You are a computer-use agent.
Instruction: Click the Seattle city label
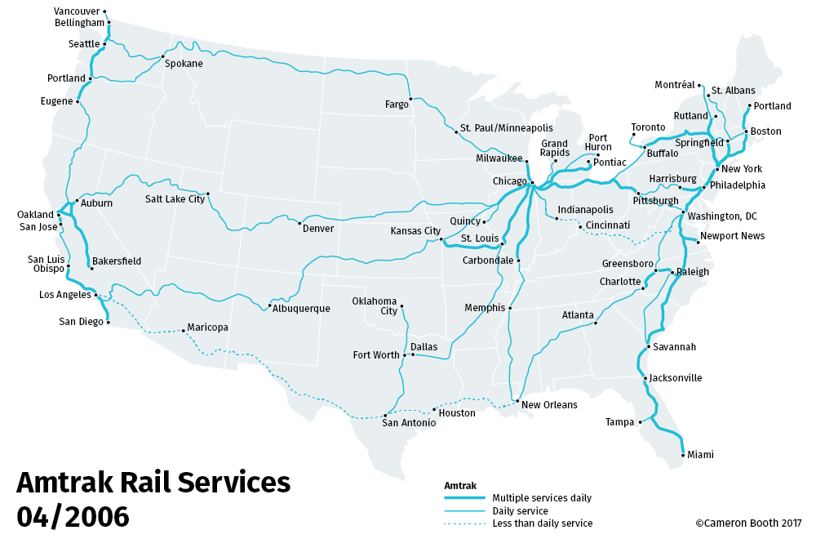(x=84, y=44)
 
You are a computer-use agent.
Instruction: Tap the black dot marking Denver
(x=300, y=223)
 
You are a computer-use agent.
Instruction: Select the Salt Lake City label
(x=175, y=198)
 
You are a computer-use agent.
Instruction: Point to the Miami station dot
(x=682, y=454)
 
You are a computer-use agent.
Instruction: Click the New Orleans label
(x=549, y=405)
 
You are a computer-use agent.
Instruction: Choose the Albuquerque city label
(x=301, y=309)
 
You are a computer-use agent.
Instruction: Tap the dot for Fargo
(x=410, y=98)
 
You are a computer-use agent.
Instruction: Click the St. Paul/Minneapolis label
(x=506, y=128)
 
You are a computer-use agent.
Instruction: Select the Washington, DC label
(x=722, y=216)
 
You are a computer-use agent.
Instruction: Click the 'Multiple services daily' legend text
(x=542, y=498)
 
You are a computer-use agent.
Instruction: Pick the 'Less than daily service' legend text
(x=543, y=523)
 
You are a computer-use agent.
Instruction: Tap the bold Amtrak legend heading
(x=459, y=485)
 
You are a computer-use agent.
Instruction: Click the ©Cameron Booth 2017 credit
(x=748, y=523)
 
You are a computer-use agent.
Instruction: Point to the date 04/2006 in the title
(x=73, y=516)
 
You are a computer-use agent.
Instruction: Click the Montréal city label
(x=675, y=85)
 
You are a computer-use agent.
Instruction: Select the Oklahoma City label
(x=375, y=305)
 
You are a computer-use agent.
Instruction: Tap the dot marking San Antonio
(x=385, y=415)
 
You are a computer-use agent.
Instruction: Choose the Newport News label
(x=733, y=236)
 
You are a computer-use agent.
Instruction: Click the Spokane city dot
(x=162, y=56)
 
